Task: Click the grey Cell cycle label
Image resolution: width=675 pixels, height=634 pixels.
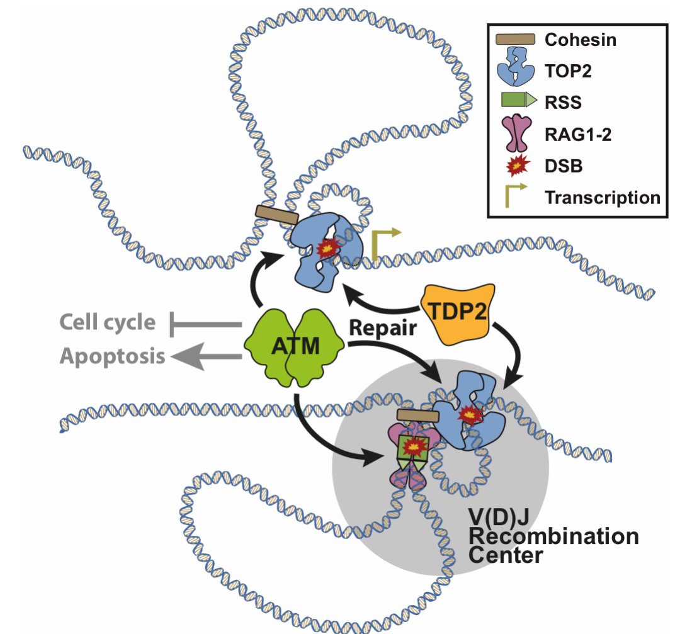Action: (107, 323)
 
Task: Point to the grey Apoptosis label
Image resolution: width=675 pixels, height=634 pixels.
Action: (113, 357)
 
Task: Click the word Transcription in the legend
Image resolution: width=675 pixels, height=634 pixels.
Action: (602, 197)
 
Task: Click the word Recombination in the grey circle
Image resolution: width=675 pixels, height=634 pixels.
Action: (553, 537)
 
